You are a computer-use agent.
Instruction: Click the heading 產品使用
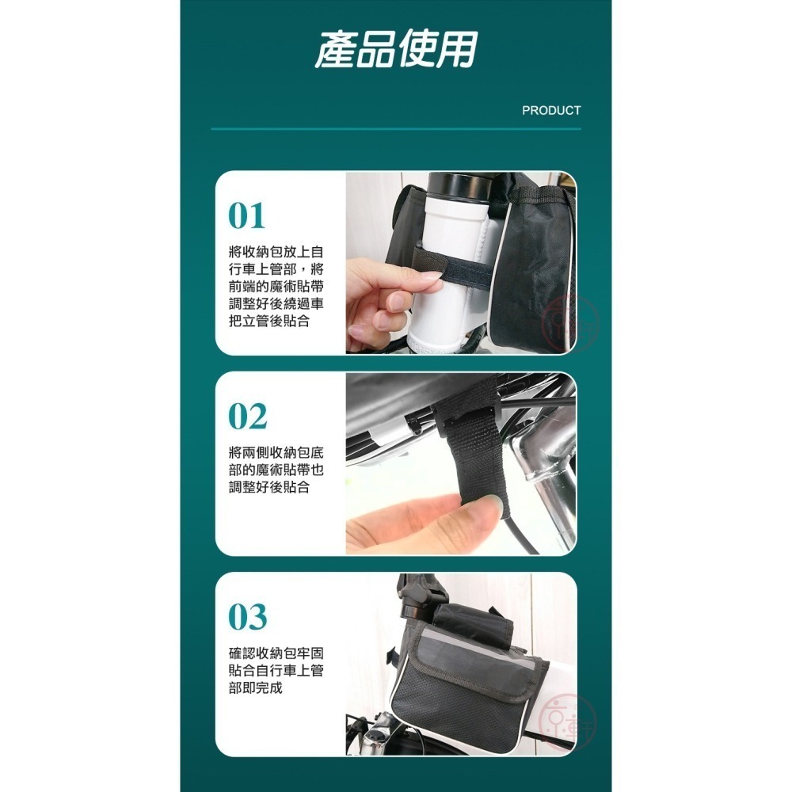tap(395, 50)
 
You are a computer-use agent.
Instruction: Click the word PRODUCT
tap(551, 111)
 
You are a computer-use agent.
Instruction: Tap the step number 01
tap(246, 216)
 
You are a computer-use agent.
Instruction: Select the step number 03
tap(248, 617)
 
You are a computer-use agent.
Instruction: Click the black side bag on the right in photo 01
tap(539, 261)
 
